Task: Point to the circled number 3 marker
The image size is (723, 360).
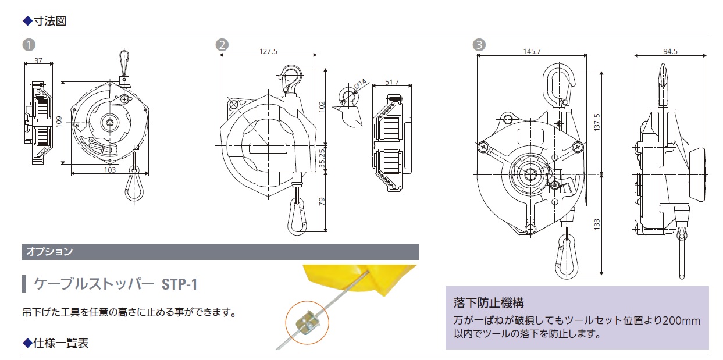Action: coord(478,45)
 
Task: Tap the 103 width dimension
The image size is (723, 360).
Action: coord(109,170)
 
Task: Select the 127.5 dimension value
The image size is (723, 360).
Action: coord(268,51)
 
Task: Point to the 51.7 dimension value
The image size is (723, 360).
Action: coord(392,82)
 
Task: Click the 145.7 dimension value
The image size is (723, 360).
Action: coord(532,51)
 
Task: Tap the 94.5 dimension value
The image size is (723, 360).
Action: coord(670,51)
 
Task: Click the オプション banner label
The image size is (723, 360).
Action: coord(49,252)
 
